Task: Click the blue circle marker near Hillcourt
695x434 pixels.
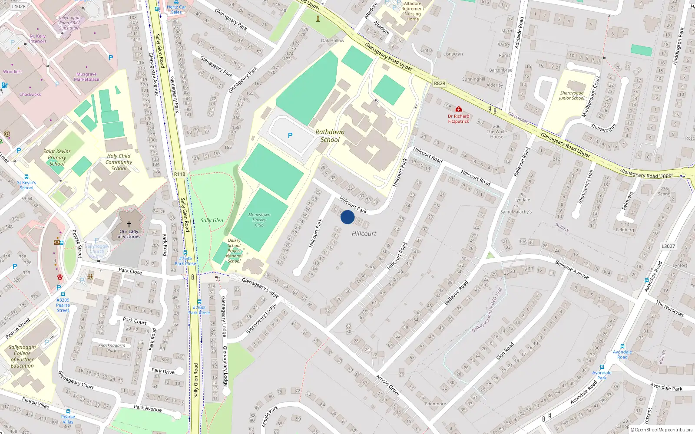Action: pos(347,217)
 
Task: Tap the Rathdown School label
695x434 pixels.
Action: pos(330,136)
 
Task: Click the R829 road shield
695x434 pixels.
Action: pos(440,83)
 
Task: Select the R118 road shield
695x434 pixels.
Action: pos(179,174)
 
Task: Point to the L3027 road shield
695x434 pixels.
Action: pos(668,246)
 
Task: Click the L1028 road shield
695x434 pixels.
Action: pos(19,7)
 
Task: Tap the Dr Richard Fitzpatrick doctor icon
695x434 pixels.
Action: pos(459,109)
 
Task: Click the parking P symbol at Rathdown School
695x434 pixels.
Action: pos(290,135)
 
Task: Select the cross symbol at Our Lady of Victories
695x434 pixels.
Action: pos(129,224)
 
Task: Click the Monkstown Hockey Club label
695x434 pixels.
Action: pos(259,220)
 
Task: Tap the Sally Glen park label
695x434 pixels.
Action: pos(212,220)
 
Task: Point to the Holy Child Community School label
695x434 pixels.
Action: pos(119,162)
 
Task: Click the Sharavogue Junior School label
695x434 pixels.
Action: pos(572,95)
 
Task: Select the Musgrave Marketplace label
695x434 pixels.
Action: pos(86,77)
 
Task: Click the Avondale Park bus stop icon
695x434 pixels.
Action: pos(602,367)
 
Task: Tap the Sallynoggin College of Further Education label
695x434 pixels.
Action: pos(22,356)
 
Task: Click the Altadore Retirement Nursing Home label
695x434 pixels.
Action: pos(413,11)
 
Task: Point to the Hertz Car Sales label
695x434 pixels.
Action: pos(176,10)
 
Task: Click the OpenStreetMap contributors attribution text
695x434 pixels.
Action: pos(663,430)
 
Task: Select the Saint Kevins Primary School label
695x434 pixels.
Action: pos(57,158)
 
